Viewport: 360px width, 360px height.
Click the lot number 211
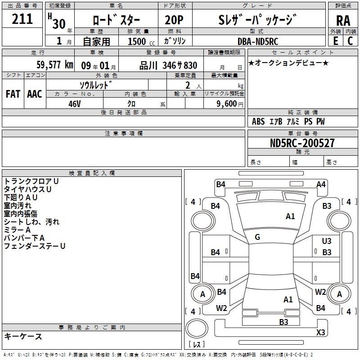coord(22,19)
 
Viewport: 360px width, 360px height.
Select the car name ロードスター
coord(116,21)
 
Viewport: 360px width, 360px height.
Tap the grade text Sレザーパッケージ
coord(257,20)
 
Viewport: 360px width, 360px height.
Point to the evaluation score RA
coord(343,21)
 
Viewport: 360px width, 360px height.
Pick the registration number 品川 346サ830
coord(168,65)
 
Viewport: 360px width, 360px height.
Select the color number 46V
coord(75,103)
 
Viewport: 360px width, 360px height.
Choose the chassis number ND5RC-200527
coord(302,143)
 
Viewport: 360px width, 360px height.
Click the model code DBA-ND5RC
coord(258,41)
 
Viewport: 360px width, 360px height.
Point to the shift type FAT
coord(13,94)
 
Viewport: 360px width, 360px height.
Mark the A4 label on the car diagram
coord(321,184)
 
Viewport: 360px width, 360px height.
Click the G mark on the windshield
coord(257,237)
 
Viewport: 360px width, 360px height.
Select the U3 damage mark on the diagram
coord(327,242)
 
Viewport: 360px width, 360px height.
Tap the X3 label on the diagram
coord(320,333)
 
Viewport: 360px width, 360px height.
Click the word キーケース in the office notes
coord(23,337)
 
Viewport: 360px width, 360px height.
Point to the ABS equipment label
coord(258,121)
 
